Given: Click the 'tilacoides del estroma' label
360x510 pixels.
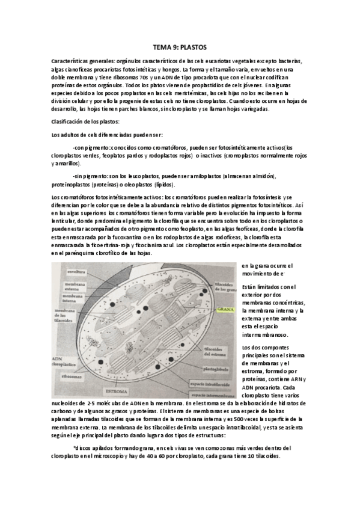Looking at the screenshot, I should (212, 351).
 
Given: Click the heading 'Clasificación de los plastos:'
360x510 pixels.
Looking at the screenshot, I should (86, 121).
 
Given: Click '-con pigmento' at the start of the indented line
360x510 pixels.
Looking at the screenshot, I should (91, 146).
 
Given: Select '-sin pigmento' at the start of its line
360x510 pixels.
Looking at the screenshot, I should (90, 176).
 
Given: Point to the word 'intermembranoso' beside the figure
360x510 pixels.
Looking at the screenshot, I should (265, 334).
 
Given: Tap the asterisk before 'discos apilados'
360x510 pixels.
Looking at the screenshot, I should (74, 447).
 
